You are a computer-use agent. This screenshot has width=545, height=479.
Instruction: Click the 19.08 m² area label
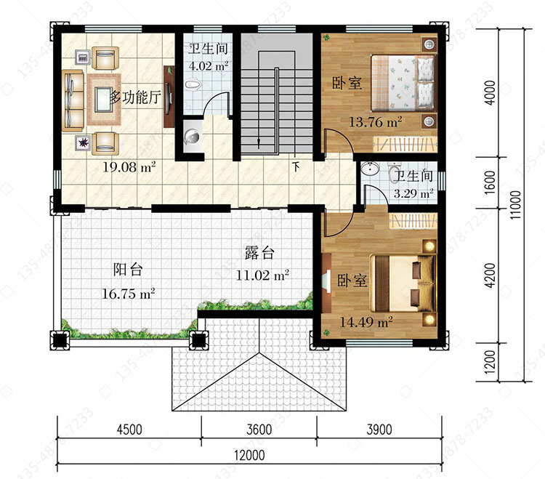coord(129,167)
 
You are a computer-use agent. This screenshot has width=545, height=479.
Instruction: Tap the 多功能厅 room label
coord(136,97)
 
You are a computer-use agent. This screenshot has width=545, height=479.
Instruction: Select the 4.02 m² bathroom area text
coord(209,65)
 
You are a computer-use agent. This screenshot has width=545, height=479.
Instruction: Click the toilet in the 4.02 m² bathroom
coord(193,84)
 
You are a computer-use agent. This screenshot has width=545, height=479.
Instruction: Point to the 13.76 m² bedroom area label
coord(376,122)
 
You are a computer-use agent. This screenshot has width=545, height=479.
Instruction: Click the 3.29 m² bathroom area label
coord(413,193)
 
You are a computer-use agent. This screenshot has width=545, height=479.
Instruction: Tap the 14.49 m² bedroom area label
coord(366,322)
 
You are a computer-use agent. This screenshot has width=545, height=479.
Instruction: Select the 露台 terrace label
coord(259,253)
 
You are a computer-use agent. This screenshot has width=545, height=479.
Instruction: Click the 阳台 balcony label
coord(128,270)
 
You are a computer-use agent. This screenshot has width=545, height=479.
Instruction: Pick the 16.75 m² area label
coord(128,294)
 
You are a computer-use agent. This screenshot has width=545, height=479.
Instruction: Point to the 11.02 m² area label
coord(262,275)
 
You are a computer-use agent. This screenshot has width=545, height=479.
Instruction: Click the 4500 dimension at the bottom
coord(129,430)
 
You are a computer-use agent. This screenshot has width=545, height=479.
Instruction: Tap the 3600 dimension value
coord(259,430)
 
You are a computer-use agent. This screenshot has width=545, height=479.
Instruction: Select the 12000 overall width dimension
coord(249,455)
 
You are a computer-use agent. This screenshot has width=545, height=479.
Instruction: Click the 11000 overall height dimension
coord(516,205)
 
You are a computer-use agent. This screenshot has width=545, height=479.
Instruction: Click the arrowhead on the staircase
coord(259,143)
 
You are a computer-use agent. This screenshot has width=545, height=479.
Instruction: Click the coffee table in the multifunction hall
coord(103,99)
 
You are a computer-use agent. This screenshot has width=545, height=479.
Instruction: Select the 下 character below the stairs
coord(296,167)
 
